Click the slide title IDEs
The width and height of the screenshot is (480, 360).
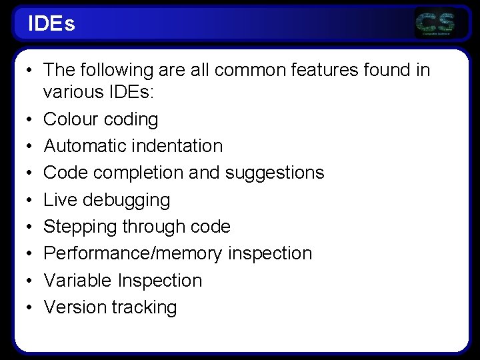[x=51, y=25]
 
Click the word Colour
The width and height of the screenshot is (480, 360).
[x=70, y=119]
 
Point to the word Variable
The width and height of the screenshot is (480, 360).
[x=77, y=281]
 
